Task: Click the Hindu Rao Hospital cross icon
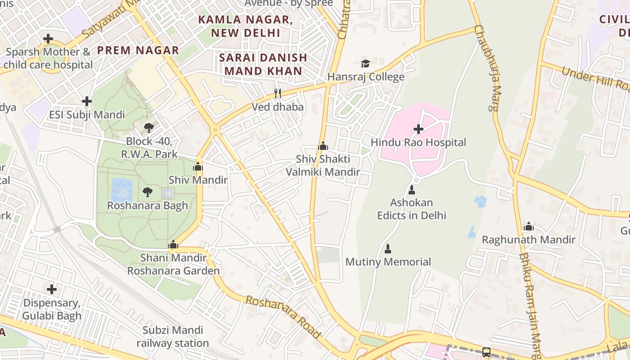coord(418,129)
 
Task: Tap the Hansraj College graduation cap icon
coord(365,64)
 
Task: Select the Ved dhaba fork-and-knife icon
coord(278,94)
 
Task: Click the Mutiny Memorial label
coord(388,261)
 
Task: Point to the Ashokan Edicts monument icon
coord(411,190)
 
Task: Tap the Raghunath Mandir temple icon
coord(529,226)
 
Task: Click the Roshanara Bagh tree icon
coord(147,192)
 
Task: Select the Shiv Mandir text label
coord(198,180)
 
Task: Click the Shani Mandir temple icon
coord(173,245)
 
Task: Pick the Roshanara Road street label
coord(283,317)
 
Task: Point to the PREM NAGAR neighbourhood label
coord(138,50)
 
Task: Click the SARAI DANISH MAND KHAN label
coord(263,64)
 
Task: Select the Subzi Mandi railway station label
coord(173,337)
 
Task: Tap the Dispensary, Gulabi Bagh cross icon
coord(52,289)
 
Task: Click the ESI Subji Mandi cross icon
coord(87,102)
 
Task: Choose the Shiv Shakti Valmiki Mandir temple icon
coord(323,146)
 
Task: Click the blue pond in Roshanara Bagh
coord(121,189)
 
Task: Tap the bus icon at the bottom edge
coord(486,352)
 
